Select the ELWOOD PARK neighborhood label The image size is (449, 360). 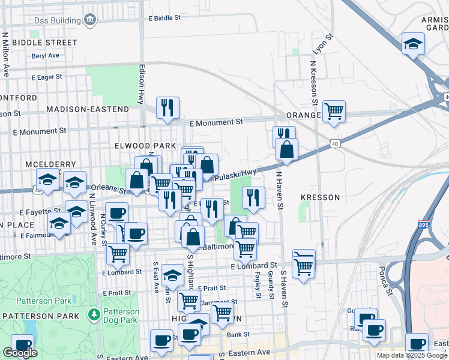point(141,146)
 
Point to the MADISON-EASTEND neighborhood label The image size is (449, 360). point(88,109)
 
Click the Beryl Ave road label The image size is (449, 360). point(46,55)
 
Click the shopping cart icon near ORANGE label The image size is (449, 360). point(333,110)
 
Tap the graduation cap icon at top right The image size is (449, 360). point(412,43)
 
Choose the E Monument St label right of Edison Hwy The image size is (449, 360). point(215,122)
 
